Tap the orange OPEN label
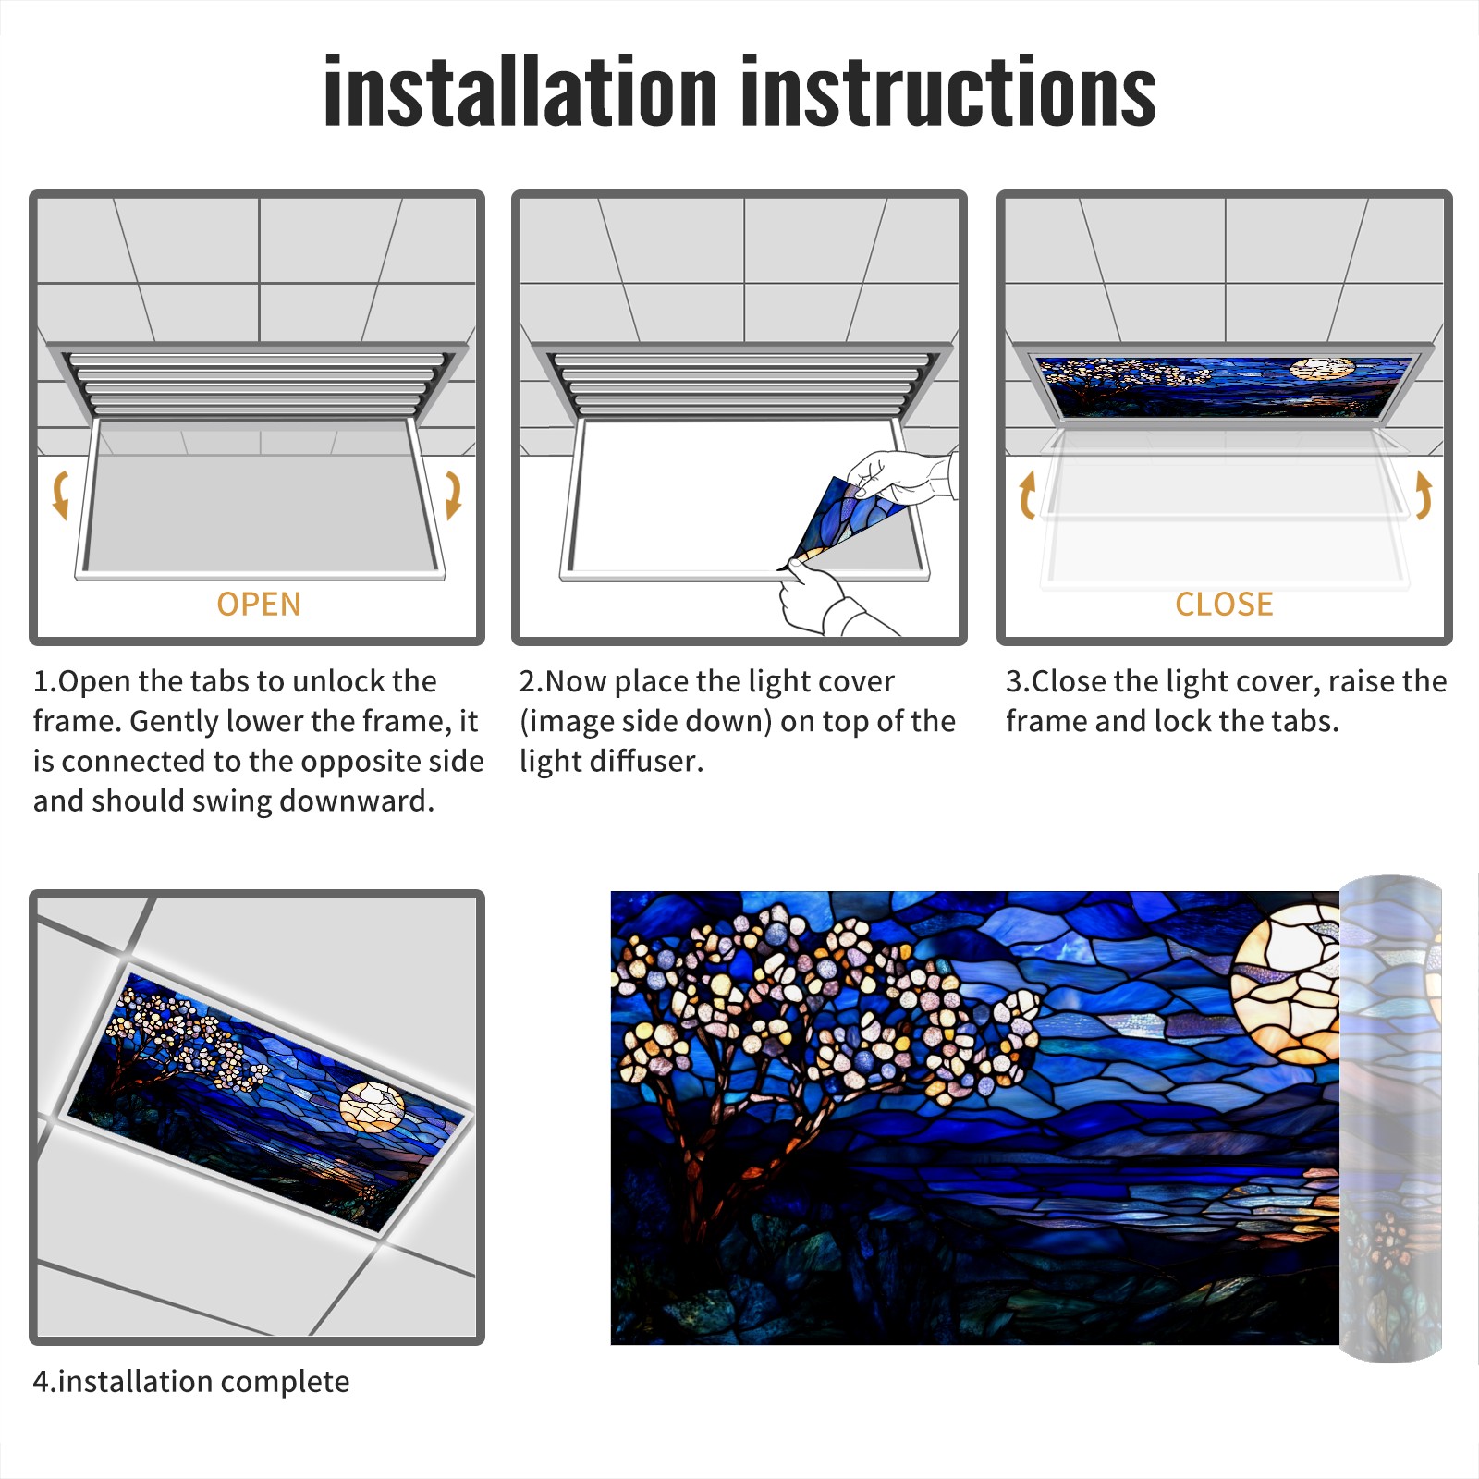(x=259, y=604)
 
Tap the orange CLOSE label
(x=1224, y=604)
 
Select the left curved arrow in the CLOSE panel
(x=1026, y=495)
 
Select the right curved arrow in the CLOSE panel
(x=1424, y=495)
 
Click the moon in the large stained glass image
(x=1287, y=984)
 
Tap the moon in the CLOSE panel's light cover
(x=1322, y=369)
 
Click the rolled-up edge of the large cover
(x=1390, y=1118)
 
